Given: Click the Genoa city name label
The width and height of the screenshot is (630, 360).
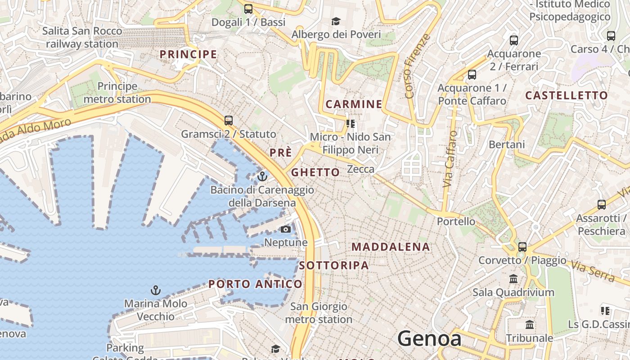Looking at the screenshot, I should tap(429, 338).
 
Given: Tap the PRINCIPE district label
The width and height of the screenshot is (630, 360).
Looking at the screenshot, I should tap(188, 54).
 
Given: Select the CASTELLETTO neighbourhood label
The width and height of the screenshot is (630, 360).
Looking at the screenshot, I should tap(567, 95).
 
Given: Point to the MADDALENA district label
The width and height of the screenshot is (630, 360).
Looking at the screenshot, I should tap(391, 247).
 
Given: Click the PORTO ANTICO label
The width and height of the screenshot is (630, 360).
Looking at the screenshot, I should tap(255, 284).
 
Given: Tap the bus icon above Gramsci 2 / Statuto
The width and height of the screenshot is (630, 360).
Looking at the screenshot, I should tap(229, 121).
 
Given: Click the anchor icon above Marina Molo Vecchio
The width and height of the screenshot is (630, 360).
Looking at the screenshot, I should tap(155, 290).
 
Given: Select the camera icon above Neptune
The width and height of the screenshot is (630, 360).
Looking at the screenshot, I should tap(285, 229).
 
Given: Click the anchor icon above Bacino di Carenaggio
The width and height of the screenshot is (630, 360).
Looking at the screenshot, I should tap(262, 176).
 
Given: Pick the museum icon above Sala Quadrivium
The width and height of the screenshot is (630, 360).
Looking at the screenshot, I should tap(513, 279).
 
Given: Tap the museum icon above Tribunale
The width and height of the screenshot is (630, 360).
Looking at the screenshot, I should tap(530, 324).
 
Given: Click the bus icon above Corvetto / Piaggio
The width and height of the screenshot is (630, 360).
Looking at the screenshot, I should tap(522, 247).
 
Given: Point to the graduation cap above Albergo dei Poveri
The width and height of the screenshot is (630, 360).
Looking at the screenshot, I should tap(336, 21).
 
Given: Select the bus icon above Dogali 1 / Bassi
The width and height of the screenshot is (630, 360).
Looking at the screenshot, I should tap(248, 9).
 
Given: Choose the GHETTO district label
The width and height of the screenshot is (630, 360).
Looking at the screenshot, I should tap(315, 172).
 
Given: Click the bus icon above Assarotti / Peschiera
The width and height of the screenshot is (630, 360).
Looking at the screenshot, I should tap(601, 205).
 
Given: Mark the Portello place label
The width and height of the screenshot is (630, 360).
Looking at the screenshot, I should tap(456, 221).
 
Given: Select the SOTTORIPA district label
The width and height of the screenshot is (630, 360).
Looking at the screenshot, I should tap(334, 265).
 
